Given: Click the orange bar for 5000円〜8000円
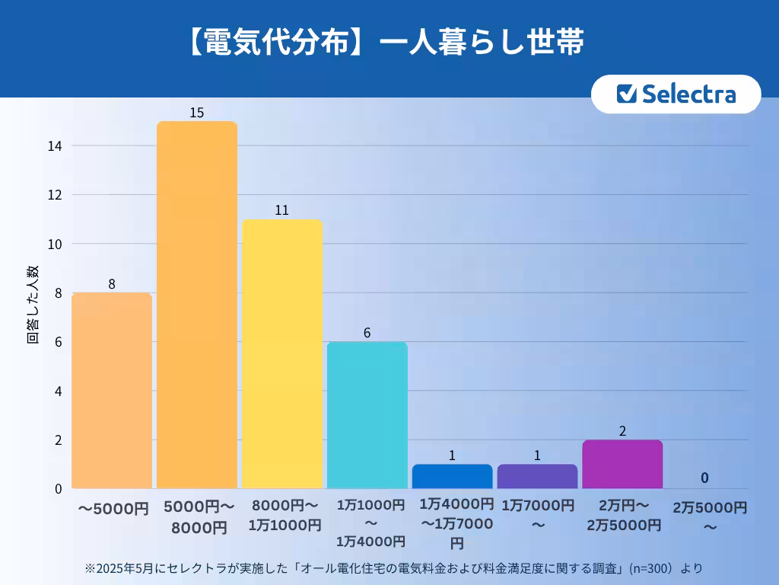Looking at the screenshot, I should pyautogui.click(x=196, y=305).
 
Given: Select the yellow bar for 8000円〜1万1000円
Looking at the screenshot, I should pyautogui.click(x=281, y=354).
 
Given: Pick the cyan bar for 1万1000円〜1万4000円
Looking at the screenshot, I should pyautogui.click(x=367, y=415).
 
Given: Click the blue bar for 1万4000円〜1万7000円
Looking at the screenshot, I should pyautogui.click(x=452, y=476).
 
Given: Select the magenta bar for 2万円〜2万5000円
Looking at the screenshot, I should pyautogui.click(x=622, y=464).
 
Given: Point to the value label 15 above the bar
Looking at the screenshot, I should pyautogui.click(x=196, y=113).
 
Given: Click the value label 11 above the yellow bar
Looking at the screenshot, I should pyautogui.click(x=281, y=210).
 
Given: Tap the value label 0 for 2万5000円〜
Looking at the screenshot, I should pyautogui.click(x=704, y=478).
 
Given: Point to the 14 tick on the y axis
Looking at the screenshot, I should pyautogui.click(x=56, y=145).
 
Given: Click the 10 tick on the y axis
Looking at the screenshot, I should pyautogui.click(x=56, y=244).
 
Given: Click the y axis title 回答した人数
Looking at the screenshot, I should pyautogui.click(x=33, y=305).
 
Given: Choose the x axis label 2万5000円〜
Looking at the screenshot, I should pyautogui.click(x=709, y=516).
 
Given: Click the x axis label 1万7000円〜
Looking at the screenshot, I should pyautogui.click(x=537, y=514).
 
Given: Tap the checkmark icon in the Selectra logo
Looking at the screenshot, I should pyautogui.click(x=626, y=94).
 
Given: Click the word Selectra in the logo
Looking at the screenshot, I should pyautogui.click(x=688, y=94).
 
